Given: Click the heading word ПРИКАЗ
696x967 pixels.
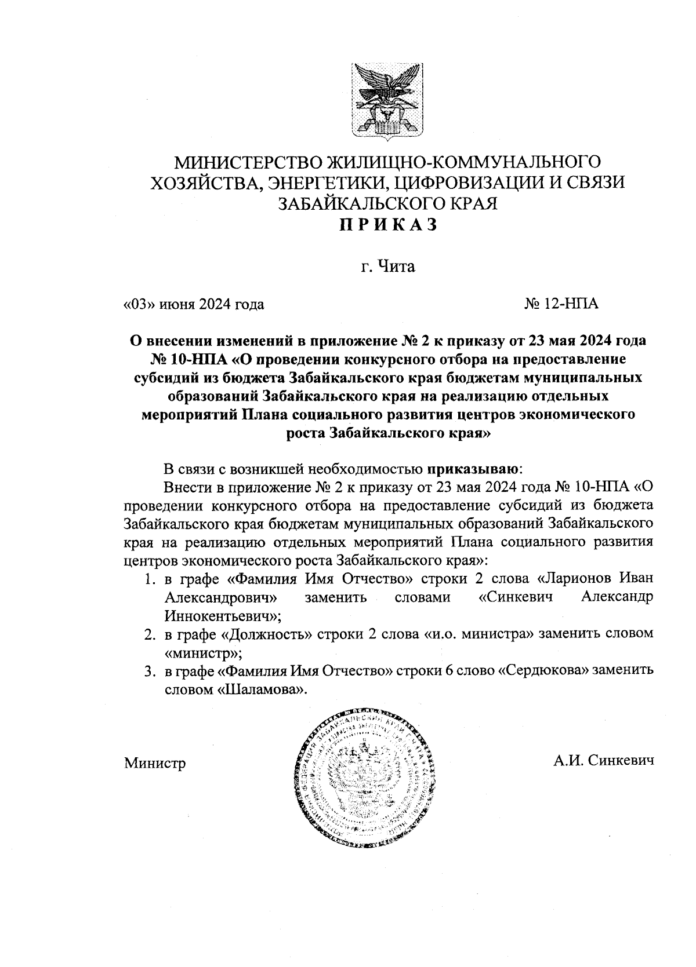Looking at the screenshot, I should [x=387, y=225].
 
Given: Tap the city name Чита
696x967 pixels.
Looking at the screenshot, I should [x=396, y=267].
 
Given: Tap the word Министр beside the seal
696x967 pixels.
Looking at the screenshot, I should [x=155, y=763].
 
